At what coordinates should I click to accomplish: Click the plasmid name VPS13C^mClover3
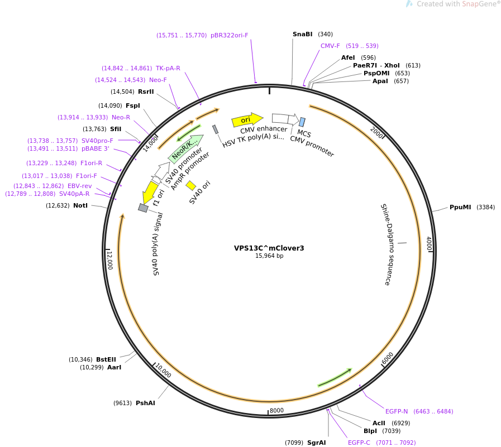click(x=269, y=248)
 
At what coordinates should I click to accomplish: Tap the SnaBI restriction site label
click(x=302, y=35)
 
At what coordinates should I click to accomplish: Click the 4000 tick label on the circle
click(x=428, y=243)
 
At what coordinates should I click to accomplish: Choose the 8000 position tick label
click(x=276, y=411)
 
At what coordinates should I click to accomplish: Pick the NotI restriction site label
click(x=80, y=206)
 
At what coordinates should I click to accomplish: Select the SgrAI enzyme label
click(x=316, y=443)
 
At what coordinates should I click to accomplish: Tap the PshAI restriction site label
click(x=145, y=403)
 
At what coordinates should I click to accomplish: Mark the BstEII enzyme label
click(x=106, y=360)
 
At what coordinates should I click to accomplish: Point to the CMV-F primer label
click(x=330, y=46)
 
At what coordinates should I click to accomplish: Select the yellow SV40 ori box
click(x=191, y=185)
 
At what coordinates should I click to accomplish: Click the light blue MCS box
click(x=302, y=122)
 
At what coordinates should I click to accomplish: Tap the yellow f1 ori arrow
click(x=150, y=192)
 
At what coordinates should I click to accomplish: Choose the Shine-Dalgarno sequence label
click(x=385, y=244)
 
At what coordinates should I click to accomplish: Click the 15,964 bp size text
click(x=269, y=256)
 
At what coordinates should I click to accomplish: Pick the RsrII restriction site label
click(x=146, y=92)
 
